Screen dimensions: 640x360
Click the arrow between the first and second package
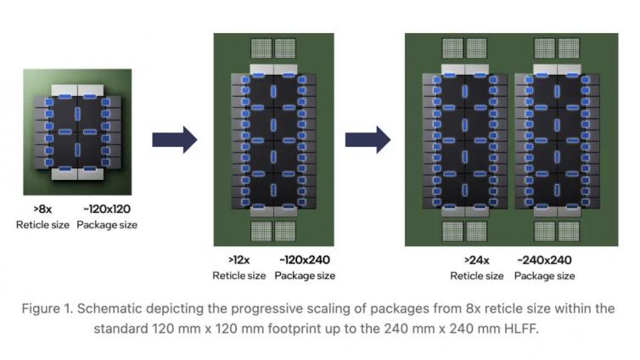(x=175, y=139)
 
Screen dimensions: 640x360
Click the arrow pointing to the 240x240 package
(x=368, y=139)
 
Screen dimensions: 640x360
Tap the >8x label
(x=42, y=210)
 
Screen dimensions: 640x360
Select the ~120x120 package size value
(x=107, y=210)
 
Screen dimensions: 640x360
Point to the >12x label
(x=239, y=260)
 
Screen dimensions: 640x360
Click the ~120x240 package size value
(x=305, y=260)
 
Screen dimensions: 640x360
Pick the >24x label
(x=477, y=261)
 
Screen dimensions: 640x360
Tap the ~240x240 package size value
(x=544, y=261)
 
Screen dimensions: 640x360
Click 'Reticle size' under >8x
(x=42, y=225)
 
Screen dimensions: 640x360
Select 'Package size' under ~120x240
(x=305, y=276)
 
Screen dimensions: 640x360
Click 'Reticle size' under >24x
(x=477, y=276)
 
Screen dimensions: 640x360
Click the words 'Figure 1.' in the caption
(x=48, y=309)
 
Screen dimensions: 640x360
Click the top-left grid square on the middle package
(x=261, y=48)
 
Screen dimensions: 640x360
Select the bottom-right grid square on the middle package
(x=285, y=231)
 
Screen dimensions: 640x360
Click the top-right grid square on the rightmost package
(x=569, y=48)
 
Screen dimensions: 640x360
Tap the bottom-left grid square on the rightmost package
(x=452, y=231)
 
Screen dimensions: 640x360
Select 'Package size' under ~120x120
(x=107, y=225)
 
